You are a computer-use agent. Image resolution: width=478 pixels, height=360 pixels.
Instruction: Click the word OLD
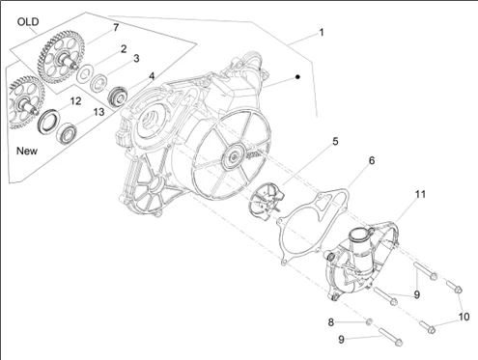pyautogui.click(x=28, y=22)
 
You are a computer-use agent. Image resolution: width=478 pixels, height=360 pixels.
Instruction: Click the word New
pyautogui.click(x=27, y=151)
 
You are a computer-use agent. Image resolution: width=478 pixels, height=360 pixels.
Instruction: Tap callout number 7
pyautogui.click(x=116, y=28)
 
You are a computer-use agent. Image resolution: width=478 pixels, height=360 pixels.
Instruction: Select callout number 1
pyautogui.click(x=321, y=33)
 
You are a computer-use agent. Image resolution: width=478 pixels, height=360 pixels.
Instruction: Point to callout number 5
pyautogui.click(x=335, y=141)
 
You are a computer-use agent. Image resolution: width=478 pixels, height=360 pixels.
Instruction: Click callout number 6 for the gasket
pyautogui.click(x=372, y=160)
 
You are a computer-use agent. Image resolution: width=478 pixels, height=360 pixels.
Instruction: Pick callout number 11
pyautogui.click(x=420, y=194)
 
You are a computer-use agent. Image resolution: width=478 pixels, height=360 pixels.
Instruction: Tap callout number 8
pyautogui.click(x=331, y=322)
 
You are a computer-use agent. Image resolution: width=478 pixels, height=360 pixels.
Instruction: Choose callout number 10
pyautogui.click(x=464, y=317)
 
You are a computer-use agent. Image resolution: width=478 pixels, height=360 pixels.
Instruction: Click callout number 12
pyautogui.click(x=75, y=101)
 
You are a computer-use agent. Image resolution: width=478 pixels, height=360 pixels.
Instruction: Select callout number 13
pyautogui.click(x=98, y=112)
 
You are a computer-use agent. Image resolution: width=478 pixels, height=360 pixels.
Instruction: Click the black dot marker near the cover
pyautogui.click(x=297, y=77)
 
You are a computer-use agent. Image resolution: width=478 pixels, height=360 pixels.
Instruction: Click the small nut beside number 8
pyautogui.click(x=370, y=321)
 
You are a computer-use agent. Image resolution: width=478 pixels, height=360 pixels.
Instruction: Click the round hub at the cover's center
pyautogui.click(x=234, y=158)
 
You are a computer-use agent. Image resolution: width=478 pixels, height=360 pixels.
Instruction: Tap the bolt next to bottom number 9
pyautogui.click(x=391, y=337)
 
